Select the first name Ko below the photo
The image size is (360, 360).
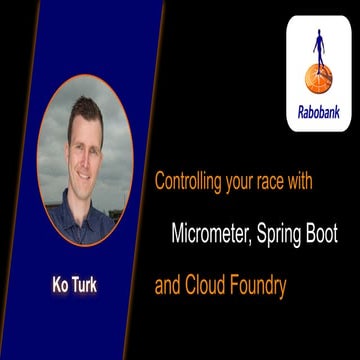[61, 286]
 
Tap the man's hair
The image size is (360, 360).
[84, 112]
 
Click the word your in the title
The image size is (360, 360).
[240, 183]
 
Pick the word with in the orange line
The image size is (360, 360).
[301, 183]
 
